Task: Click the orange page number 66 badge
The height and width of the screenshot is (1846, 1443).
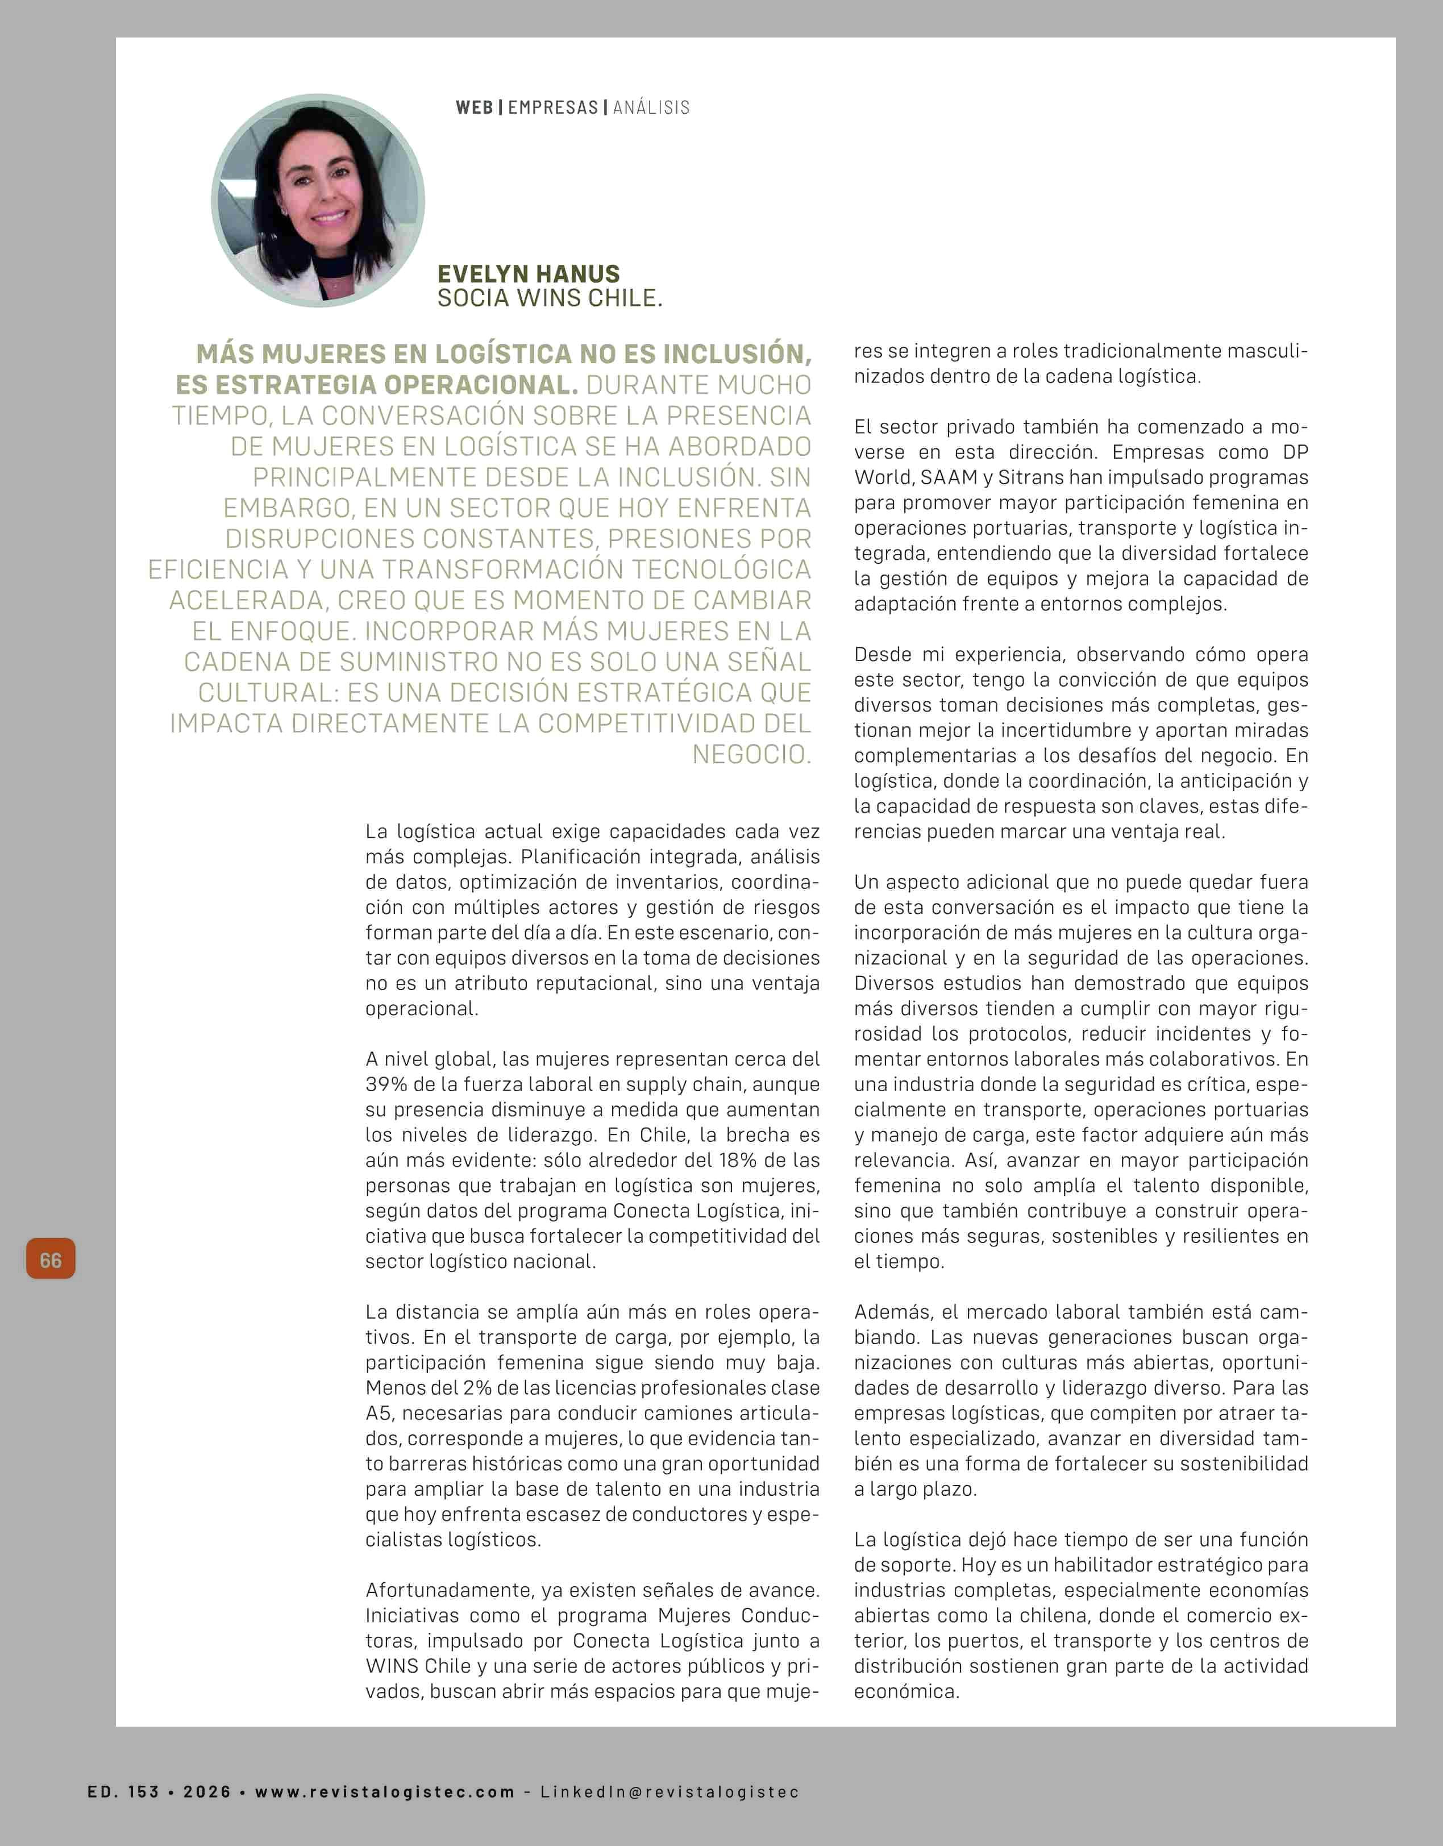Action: tap(51, 1259)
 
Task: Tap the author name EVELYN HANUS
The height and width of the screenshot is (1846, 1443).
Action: tap(529, 274)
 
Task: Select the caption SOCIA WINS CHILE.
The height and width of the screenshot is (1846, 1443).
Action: tap(550, 298)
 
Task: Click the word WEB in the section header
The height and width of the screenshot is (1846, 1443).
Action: tap(474, 107)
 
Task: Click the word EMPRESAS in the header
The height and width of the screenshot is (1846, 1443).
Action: tap(553, 107)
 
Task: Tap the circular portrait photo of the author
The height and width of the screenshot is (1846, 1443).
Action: tap(318, 200)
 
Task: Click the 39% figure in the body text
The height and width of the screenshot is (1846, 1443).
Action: tap(382, 1084)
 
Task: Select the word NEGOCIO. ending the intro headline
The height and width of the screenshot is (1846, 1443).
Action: tap(751, 754)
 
